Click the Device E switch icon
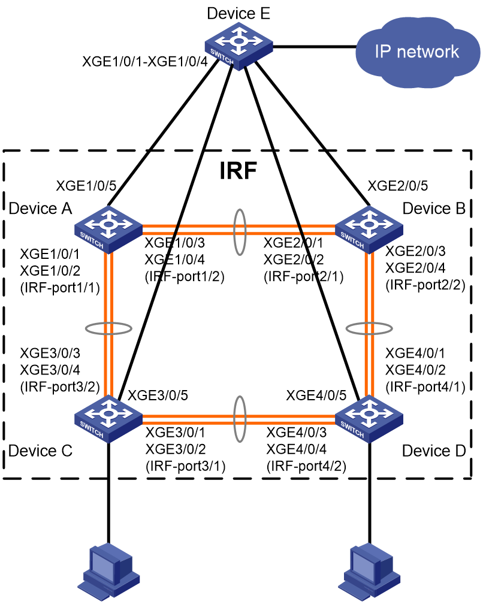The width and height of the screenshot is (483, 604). pyautogui.click(x=239, y=46)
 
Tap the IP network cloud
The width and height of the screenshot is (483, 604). pyautogui.click(x=417, y=52)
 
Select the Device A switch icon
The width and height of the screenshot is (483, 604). pyautogui.click(x=108, y=229)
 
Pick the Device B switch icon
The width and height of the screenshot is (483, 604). pyautogui.click(x=369, y=229)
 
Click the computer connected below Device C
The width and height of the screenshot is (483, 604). pyautogui.click(x=108, y=572)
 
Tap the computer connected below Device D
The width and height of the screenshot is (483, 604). pyautogui.click(x=369, y=572)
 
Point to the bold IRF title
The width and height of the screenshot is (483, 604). pyautogui.click(x=238, y=170)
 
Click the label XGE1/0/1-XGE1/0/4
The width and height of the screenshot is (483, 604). pyautogui.click(x=145, y=61)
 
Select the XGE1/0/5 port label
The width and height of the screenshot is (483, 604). pyautogui.click(x=86, y=186)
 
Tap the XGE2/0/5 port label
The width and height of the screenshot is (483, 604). pyautogui.click(x=398, y=186)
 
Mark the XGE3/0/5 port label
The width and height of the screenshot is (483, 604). pyautogui.click(x=158, y=395)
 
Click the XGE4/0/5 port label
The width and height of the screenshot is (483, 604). pyautogui.click(x=316, y=395)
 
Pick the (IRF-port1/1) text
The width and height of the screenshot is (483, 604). pyautogui.click(x=60, y=288)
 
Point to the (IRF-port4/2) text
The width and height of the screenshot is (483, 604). pyautogui.click(x=307, y=466)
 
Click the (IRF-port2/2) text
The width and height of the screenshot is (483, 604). pyautogui.click(x=425, y=285)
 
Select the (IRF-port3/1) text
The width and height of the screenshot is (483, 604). pyautogui.click(x=186, y=466)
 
